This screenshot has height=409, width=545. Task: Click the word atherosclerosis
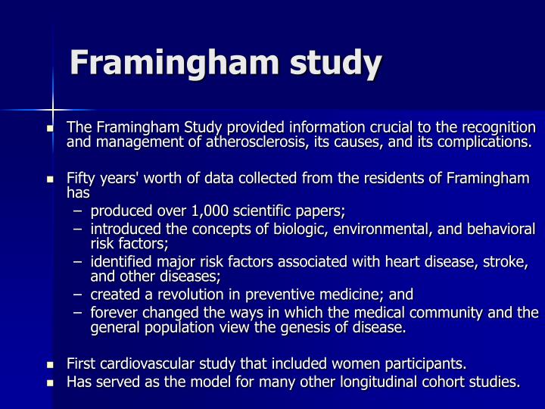pyautogui.click(x=248, y=142)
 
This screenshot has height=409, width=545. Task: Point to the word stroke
pyautogui.click(x=506, y=261)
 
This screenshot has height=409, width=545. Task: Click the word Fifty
pyautogui.click(x=79, y=179)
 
